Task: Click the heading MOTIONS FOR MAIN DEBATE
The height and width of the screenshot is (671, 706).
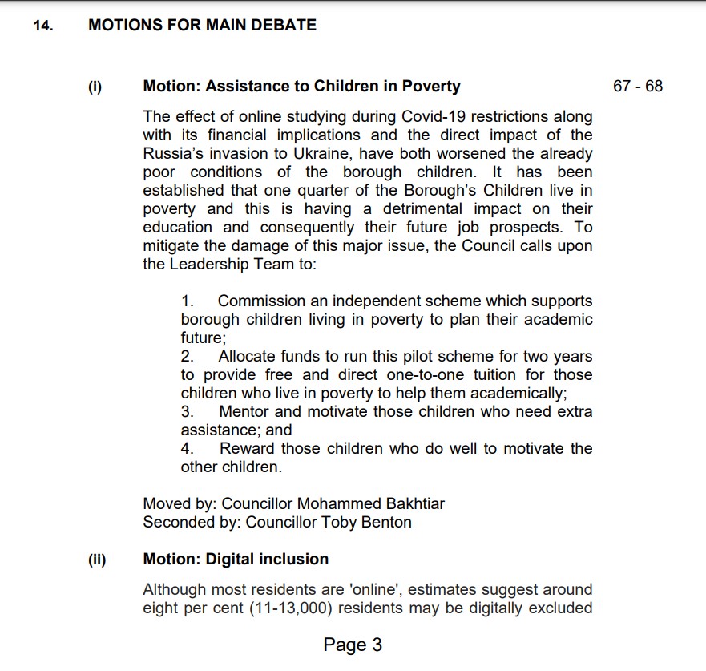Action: [x=202, y=26]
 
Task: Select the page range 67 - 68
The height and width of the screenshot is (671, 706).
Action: [x=637, y=87]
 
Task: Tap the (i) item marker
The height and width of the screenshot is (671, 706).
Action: [x=95, y=87]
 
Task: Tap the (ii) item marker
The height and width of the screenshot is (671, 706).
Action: [x=97, y=560]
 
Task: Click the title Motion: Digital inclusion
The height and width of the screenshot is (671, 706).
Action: [x=236, y=560]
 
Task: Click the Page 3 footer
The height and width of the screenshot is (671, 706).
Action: [x=353, y=645]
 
